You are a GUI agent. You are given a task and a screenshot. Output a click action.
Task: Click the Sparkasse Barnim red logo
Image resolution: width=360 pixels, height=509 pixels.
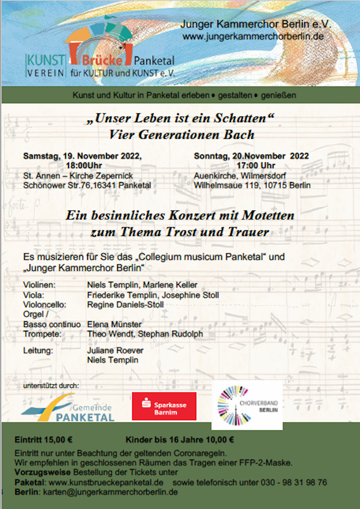pos(164,406)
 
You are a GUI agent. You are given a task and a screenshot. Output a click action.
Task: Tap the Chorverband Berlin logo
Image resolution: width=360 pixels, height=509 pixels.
pos(247,405)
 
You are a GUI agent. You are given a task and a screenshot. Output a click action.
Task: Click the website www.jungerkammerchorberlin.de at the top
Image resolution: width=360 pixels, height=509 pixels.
pos(253,36)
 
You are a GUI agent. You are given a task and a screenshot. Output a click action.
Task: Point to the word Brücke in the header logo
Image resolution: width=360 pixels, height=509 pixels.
pos(102,60)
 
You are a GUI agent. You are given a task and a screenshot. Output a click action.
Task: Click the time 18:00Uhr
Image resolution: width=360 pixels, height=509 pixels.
pos(84,166)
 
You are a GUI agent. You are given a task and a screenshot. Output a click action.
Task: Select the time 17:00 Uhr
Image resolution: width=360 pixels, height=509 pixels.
pos(256,166)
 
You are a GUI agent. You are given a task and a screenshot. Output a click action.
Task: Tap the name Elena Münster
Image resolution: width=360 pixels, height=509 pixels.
pos(114,324)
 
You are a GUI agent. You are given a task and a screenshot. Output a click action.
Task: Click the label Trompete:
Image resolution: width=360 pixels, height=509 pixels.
pos(42,334)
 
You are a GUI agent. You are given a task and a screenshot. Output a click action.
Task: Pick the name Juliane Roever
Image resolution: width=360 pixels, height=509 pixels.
pos(115,350)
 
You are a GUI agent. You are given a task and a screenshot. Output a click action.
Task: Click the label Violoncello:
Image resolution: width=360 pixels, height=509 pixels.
pos(44,305)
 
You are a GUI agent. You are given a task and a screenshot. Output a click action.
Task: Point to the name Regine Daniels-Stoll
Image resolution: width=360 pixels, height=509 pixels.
pos(125,305)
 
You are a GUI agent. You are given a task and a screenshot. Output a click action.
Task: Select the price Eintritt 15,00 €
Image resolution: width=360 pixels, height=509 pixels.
pos(43,440)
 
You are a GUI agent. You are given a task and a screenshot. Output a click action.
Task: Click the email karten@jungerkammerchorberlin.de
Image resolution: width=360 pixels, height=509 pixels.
pos(110,492)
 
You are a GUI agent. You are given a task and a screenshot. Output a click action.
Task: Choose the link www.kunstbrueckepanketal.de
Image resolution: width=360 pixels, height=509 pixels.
pos(106,482)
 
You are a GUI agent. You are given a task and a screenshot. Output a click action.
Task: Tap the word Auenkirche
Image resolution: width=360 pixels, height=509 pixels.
pos(215,176)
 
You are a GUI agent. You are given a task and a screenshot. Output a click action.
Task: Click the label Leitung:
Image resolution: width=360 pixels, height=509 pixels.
pos(38,350)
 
